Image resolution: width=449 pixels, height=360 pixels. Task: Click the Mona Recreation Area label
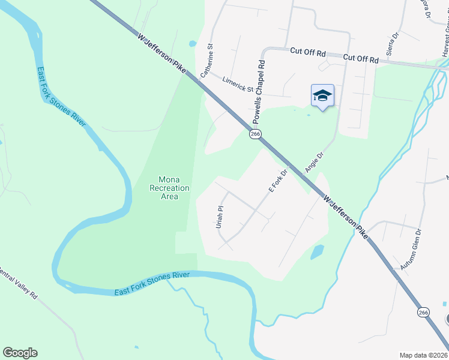pos(169,188)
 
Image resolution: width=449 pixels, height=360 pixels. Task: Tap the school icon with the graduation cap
pos(322,95)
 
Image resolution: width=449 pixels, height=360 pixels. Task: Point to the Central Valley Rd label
pos(18,281)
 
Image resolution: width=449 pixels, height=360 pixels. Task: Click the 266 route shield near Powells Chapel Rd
pos(255,134)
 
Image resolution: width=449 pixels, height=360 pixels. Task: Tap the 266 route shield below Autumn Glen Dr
pos(423,311)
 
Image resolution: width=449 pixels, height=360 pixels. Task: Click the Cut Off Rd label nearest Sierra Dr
pos(361,59)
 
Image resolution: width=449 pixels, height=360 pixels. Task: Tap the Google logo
pos(20,353)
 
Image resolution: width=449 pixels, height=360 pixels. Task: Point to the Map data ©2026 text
pos(423,355)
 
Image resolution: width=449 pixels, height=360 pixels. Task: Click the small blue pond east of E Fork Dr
pos(317,252)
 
